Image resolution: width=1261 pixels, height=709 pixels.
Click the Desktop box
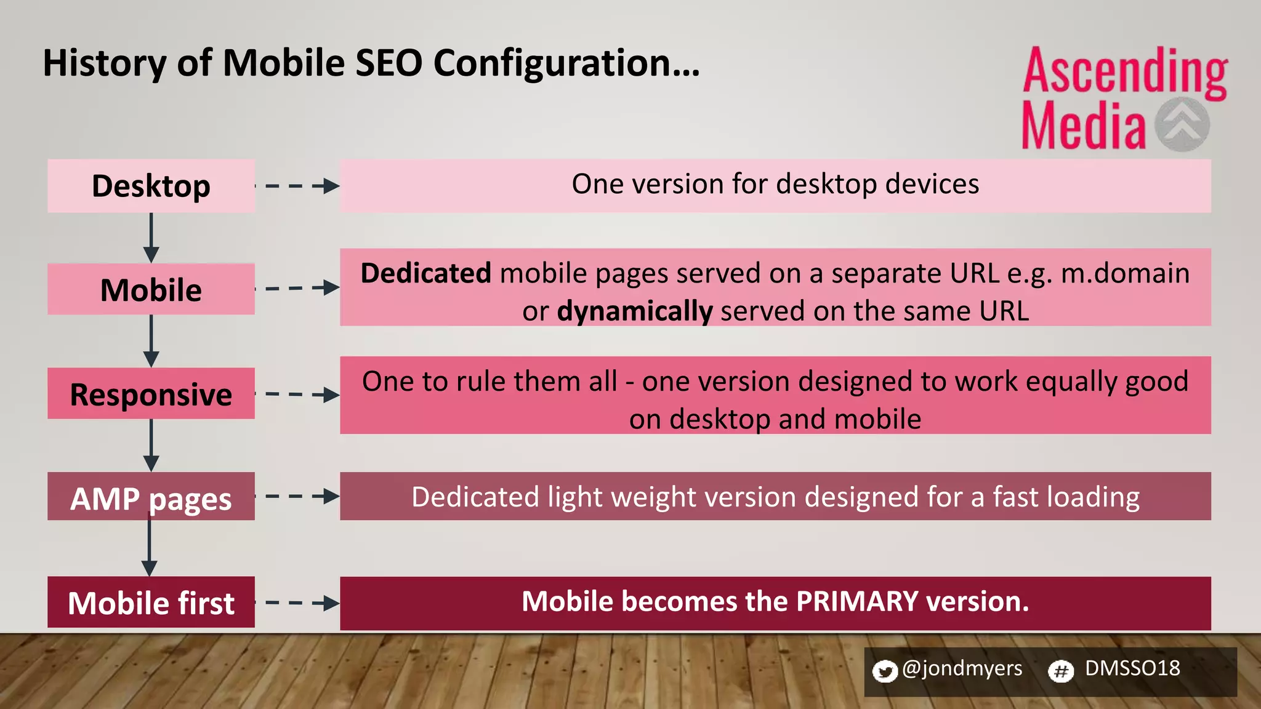point(151,186)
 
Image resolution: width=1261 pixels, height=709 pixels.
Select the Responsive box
point(151,394)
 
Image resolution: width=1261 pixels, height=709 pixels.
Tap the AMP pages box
point(151,497)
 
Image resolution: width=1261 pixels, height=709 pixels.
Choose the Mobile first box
point(151,603)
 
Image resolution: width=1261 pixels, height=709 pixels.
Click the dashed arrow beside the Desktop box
point(297,186)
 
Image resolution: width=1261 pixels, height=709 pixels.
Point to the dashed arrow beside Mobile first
point(297,603)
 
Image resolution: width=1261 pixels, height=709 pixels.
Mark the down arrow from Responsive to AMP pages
point(151,446)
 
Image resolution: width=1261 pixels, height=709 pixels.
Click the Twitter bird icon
point(885,671)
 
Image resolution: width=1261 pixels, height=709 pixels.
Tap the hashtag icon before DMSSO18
point(1060,671)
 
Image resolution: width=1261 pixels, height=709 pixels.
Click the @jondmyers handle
point(962,668)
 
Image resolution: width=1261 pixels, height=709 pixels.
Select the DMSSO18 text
point(1132,668)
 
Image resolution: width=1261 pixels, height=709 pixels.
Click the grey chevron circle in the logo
point(1182,124)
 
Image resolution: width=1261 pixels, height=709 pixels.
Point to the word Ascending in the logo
point(1125,73)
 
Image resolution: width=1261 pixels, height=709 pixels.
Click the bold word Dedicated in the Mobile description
point(425,273)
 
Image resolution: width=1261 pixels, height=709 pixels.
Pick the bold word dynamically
point(635,311)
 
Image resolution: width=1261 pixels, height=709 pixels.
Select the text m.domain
point(1126,273)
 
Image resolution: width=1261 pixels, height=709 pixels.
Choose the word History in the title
point(104,64)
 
